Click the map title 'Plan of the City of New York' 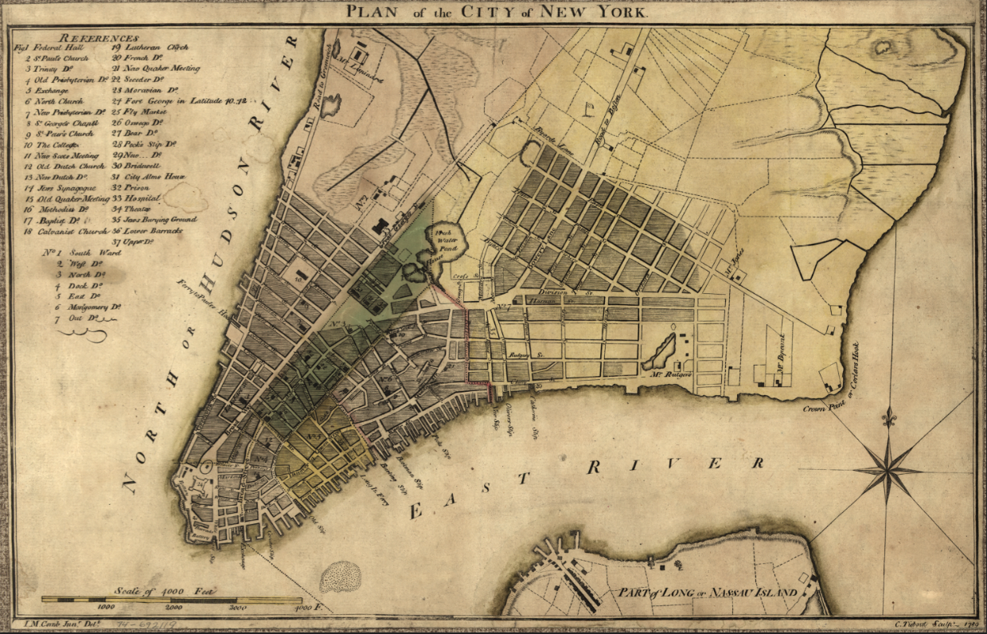497,11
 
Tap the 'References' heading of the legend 99,37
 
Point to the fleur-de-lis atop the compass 889,417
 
